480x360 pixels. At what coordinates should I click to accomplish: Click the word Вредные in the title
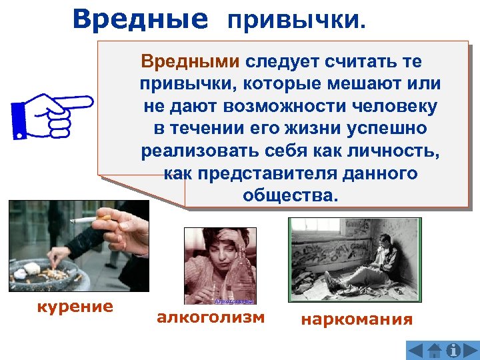[x=140, y=19]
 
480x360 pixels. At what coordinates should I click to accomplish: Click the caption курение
[x=74, y=307]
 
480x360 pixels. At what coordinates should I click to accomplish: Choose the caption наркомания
[x=357, y=319]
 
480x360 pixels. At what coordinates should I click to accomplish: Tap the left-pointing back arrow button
[x=415, y=350]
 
